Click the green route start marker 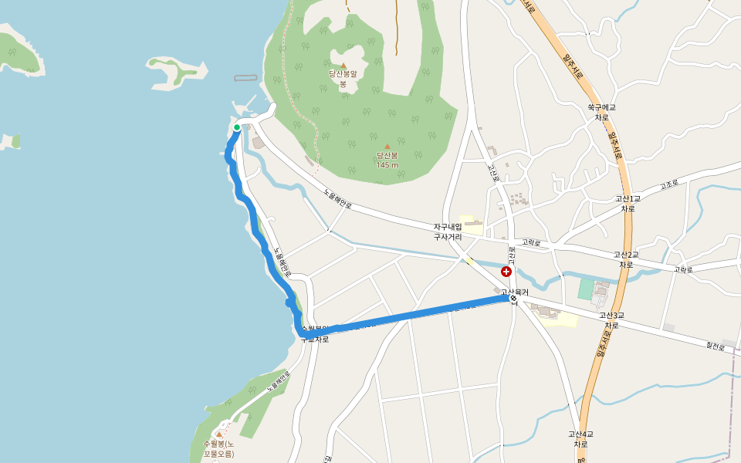[x=237, y=128]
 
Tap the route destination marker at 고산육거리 [x=513, y=299]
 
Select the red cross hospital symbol [x=506, y=272]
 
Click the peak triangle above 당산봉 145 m [x=387, y=146]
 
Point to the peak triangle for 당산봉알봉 [x=343, y=66]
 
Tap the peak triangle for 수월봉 [x=218, y=434]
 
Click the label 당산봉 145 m [x=387, y=160]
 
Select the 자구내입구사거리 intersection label [x=447, y=231]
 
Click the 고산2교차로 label [x=626, y=259]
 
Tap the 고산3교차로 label [x=611, y=320]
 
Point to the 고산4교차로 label [x=580, y=438]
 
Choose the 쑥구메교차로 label [x=601, y=112]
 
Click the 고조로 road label [x=668, y=186]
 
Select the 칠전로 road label [x=716, y=346]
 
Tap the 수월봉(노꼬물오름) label [x=218, y=449]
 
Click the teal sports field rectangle [x=586, y=289]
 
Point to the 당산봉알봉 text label [x=343, y=78]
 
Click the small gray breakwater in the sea [x=245, y=78]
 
